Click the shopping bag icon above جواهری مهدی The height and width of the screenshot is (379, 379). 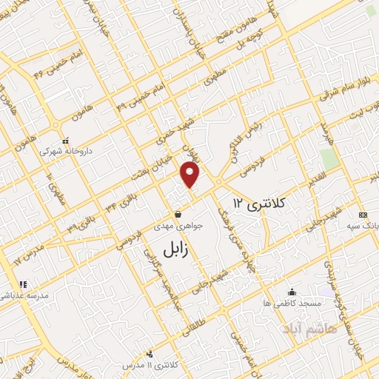pyautogui.click(x=177, y=215)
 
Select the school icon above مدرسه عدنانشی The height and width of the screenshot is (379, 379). pyautogui.click(x=23, y=284)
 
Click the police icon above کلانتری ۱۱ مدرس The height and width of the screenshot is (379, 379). pyautogui.click(x=151, y=355)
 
